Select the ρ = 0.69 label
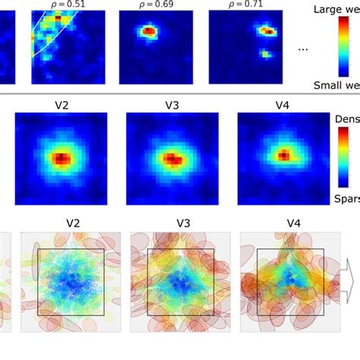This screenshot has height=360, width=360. click(x=150, y=5)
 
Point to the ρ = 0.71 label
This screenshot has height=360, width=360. click(x=239, y=5)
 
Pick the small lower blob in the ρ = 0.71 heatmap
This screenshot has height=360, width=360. click(x=265, y=55)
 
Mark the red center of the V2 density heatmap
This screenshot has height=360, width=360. click(x=61, y=159)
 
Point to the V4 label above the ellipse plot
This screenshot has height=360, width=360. click(x=292, y=224)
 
